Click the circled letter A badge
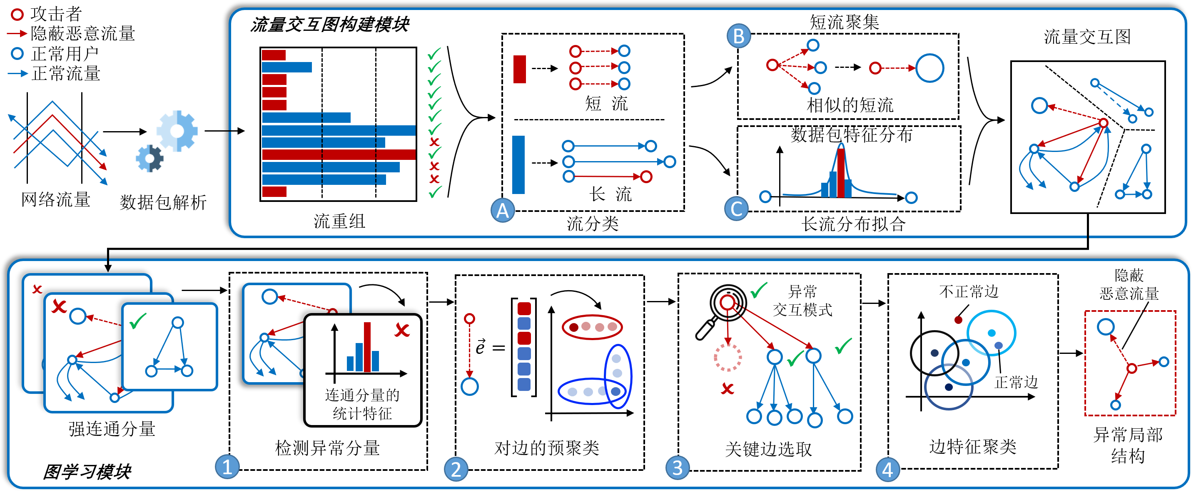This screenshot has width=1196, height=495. [502, 210]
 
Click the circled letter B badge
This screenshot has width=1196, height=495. [739, 36]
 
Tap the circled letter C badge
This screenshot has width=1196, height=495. [736, 209]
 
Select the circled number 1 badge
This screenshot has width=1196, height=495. [227, 467]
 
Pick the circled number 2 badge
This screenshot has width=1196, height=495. [456, 469]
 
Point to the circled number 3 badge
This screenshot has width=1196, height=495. [678, 468]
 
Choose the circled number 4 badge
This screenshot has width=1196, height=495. [887, 470]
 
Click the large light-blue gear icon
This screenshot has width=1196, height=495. [177, 131]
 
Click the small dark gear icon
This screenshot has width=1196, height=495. [149, 158]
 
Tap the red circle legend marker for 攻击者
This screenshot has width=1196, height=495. [17, 15]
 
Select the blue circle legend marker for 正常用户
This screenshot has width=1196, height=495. [17, 53]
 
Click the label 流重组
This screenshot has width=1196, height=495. [339, 221]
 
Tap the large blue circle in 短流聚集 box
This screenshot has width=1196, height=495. [929, 68]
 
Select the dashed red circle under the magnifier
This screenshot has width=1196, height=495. [728, 358]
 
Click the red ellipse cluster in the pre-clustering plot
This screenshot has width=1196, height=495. [592, 327]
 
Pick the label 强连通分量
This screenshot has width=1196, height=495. [112, 428]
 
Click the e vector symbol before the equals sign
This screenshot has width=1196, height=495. [480, 346]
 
